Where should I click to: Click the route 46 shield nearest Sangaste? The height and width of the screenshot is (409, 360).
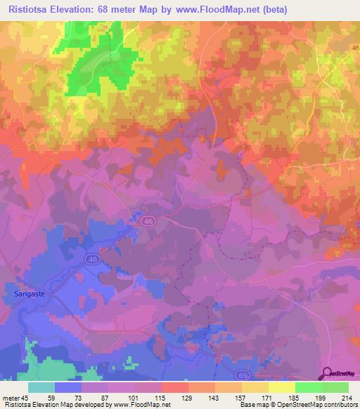(92, 259)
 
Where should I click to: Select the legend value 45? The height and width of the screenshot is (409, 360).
(27, 398)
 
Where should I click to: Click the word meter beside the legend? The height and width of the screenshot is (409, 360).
(11, 398)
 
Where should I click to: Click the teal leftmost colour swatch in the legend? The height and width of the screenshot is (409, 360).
(41, 387)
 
